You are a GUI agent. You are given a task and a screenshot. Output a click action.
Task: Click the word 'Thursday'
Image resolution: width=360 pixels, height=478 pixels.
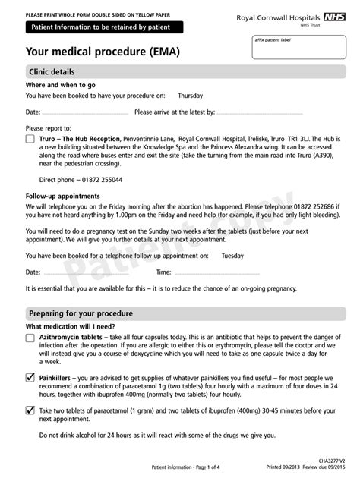click(x=191, y=96)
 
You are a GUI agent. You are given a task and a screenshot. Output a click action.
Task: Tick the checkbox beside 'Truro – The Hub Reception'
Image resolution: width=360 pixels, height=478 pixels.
click(x=30, y=140)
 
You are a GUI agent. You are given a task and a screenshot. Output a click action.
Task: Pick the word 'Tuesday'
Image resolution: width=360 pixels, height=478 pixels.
click(x=232, y=256)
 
